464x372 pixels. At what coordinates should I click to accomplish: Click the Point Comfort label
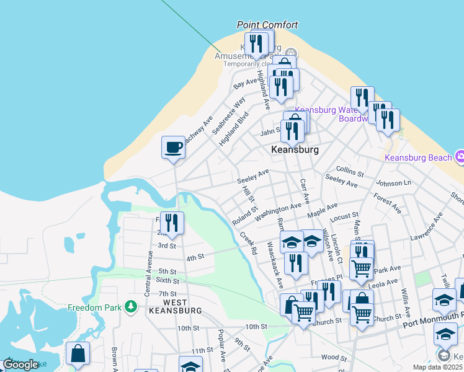coord(267,25)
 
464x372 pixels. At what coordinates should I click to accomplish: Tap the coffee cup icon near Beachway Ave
coord(173,148)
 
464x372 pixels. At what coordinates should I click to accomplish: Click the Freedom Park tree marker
coord(130,306)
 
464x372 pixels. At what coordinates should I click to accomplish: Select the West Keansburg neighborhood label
coord(174,306)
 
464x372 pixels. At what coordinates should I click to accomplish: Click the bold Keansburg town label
coord(295,150)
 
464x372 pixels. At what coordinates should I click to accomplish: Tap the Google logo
coord(20,365)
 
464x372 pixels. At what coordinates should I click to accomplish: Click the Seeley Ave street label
coord(252,175)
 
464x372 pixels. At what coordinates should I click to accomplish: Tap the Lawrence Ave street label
coord(426,228)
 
